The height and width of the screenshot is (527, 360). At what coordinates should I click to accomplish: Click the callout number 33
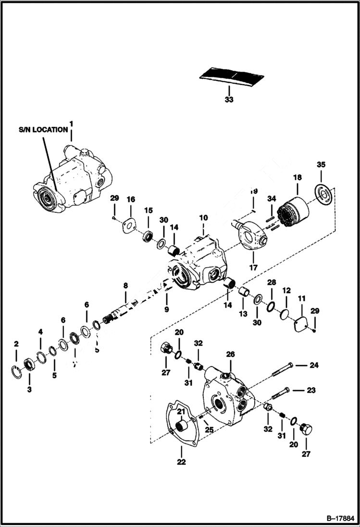coord(229,100)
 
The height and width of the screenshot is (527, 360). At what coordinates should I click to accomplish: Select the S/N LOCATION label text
coord(43,130)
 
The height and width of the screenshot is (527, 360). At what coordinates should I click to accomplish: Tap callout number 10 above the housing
coord(203,218)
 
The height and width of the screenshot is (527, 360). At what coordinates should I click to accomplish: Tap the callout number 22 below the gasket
coord(181,462)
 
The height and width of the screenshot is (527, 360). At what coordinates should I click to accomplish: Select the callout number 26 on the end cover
coord(230,354)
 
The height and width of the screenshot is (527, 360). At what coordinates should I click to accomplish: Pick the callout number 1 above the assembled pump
coord(71,123)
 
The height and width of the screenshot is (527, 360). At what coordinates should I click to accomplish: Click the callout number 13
coord(243,314)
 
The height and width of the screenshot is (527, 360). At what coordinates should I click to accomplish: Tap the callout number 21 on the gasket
coord(181,412)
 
